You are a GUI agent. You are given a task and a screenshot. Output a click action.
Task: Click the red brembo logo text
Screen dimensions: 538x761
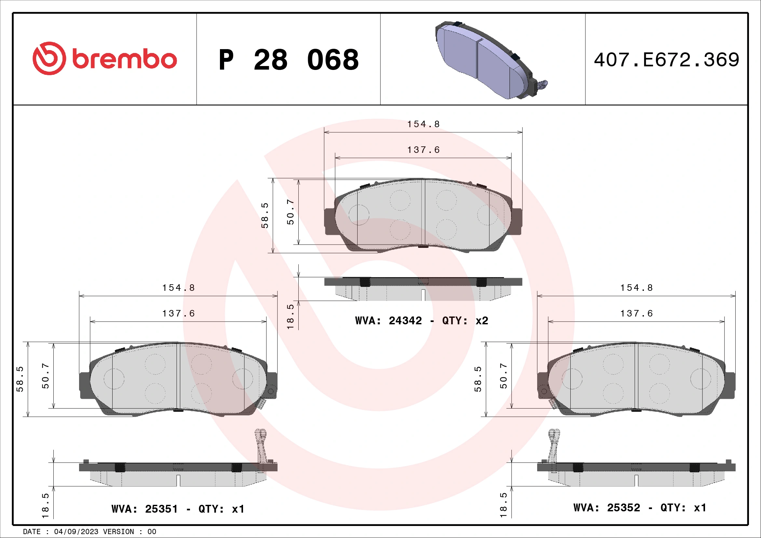[124, 59]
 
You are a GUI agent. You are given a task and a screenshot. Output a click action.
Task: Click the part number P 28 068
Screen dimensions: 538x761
[288, 60]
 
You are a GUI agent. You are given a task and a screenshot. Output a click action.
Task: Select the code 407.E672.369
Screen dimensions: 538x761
[666, 60]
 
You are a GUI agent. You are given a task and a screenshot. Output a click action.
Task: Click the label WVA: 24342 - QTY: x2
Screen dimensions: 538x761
[421, 321]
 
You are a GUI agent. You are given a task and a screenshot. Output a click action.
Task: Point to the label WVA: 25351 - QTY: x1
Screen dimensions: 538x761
[178, 509]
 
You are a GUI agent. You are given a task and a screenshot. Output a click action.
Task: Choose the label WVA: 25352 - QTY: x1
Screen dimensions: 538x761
[639, 508]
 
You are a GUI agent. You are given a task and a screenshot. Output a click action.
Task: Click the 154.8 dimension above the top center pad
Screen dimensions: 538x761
[423, 124]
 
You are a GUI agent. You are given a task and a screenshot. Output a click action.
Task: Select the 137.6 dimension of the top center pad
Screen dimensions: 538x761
[423, 150]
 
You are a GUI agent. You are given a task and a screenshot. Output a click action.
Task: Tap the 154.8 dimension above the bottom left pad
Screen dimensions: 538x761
[178, 288]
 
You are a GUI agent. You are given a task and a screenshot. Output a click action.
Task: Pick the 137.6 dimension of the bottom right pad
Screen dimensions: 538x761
[636, 313]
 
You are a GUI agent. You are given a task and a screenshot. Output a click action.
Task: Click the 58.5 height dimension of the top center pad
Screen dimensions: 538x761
[265, 216]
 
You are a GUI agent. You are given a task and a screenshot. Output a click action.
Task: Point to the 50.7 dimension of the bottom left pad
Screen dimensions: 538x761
[46, 376]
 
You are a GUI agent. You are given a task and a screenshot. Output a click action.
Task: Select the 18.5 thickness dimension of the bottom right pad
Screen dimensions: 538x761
[503, 505]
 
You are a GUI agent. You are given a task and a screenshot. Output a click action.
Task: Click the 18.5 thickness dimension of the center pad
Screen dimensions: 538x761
[290, 317]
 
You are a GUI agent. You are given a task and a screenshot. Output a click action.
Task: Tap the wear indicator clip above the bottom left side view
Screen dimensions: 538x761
[261, 447]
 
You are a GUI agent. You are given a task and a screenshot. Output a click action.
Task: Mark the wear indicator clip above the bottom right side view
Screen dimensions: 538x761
[553, 447]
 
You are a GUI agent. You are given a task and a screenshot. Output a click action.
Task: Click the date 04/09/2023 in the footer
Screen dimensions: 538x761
[76, 532]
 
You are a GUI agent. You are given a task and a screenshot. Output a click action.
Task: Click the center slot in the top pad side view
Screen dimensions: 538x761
[423, 295]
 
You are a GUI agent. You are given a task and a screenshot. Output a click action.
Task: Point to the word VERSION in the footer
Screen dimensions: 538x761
[118, 532]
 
